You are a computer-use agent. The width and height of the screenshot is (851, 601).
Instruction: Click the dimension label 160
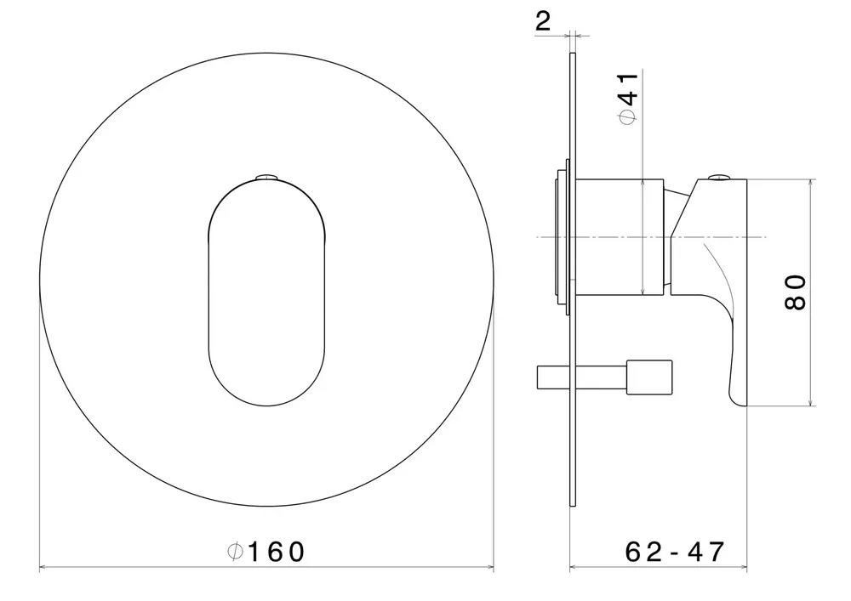276,552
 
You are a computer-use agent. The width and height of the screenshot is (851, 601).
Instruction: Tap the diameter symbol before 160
235,552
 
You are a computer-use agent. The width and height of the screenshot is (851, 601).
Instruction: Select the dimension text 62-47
674,552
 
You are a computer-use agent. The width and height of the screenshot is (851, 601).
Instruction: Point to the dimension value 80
796,292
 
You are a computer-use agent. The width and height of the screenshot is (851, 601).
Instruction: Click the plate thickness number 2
543,21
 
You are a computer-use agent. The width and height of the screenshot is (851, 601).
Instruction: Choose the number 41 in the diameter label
630,89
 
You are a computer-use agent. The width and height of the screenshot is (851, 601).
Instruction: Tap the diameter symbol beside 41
628,117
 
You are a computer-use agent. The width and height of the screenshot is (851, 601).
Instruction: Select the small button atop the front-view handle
266,177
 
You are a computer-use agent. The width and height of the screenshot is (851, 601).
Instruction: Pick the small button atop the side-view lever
720,177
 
